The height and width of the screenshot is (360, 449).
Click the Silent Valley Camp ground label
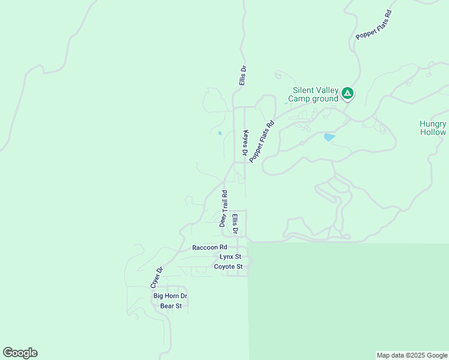point(313,94)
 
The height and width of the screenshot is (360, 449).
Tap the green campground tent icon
point(348,94)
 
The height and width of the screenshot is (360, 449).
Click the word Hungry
point(433,124)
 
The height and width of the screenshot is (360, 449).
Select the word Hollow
point(433,132)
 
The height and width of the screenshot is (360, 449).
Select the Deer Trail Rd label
point(223,208)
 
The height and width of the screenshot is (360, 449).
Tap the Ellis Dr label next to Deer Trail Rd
point(235,223)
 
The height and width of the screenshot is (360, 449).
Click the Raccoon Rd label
point(209,247)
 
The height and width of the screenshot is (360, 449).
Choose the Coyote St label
point(228,266)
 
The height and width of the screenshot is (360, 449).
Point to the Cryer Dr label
point(156,277)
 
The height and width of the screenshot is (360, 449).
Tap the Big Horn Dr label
point(170,296)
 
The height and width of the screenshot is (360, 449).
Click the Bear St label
point(171,306)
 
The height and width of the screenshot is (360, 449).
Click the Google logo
point(20,353)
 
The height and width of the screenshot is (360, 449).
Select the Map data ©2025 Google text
point(411,355)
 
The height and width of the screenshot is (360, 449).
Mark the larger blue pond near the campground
point(329,137)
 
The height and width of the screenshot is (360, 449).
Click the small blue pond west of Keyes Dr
point(220,133)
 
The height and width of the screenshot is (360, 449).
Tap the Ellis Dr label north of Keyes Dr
point(243,75)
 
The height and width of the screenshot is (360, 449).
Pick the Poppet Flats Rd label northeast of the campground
point(373,25)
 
